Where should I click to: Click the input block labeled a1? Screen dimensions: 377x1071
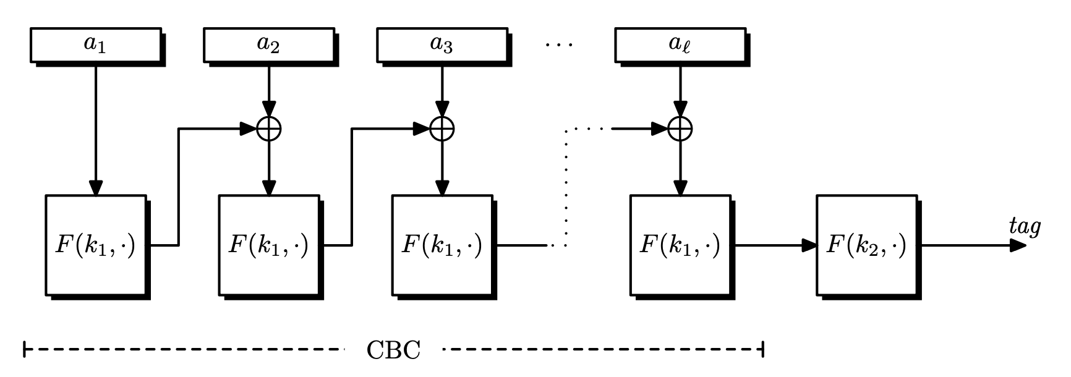point(95,44)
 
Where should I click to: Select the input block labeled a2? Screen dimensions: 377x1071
point(268,44)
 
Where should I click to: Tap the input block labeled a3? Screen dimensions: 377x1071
point(442,44)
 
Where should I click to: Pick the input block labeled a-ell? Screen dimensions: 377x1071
point(680,44)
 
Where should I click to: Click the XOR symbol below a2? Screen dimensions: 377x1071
point(269,129)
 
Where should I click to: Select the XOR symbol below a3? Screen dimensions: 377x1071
point(442,129)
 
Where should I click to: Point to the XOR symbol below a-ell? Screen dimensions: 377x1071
point(680,129)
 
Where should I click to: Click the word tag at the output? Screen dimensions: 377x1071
point(1025,226)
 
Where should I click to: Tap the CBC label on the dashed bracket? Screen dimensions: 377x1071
point(393,350)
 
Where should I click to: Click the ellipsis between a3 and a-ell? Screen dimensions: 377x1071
point(560,44)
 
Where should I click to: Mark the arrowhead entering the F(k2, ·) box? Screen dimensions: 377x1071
point(809,245)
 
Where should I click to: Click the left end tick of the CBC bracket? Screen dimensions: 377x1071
point(24,349)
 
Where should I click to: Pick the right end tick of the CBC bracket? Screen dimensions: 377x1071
point(763,349)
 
